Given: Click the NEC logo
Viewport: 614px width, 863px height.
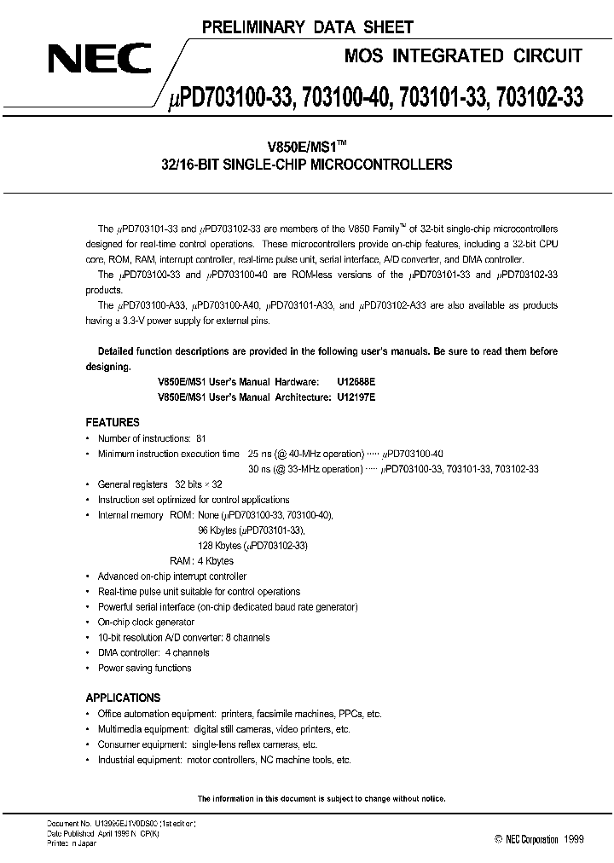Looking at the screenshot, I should pos(99,59).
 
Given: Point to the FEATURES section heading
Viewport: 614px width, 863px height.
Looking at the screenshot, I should pos(113,422).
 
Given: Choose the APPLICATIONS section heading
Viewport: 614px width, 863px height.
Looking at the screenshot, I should pos(123,697).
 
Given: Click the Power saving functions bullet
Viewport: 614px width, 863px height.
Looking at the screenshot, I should pos(144,668).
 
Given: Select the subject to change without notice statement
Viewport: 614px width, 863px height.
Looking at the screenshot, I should pos(321,798).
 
